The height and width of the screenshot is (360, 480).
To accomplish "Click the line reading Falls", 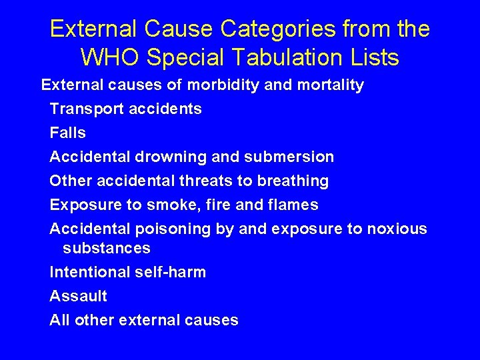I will pyautogui.click(x=67, y=133).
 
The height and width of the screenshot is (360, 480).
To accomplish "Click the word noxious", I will pyautogui.click(x=397, y=229).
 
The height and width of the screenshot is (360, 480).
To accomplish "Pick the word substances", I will pyautogui.click(x=106, y=249).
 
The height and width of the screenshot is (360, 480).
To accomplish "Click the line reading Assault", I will pyautogui.click(x=78, y=296).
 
